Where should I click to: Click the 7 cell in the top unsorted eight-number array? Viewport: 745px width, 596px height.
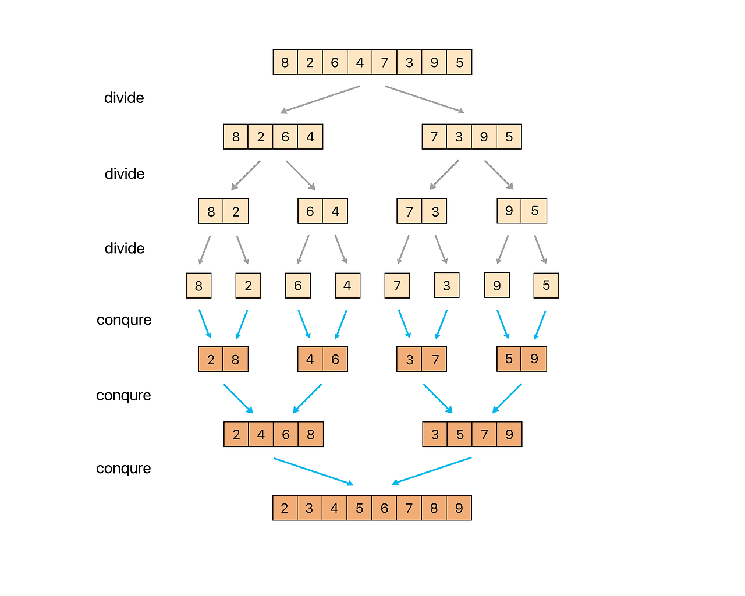coord(385,62)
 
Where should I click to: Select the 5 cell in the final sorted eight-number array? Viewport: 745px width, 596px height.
coord(360,508)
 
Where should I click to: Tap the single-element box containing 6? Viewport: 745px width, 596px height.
coord(298,286)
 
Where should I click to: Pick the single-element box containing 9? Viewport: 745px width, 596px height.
coord(497,286)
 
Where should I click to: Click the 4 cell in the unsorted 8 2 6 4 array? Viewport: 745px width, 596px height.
coord(310,137)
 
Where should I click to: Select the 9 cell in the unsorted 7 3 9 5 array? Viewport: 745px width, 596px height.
coord(484,137)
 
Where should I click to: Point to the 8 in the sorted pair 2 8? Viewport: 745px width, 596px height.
coord(236,360)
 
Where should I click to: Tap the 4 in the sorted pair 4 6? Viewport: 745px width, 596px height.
coord(310,360)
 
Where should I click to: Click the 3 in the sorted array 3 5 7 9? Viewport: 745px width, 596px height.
coord(435,434)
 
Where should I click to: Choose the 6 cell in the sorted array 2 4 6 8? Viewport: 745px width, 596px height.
coord(286,434)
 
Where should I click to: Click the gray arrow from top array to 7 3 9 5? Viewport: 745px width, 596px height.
coord(425,99)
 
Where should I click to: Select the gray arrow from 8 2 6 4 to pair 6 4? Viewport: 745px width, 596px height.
coord(300,175)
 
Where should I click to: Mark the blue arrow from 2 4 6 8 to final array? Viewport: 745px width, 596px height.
coord(314,471)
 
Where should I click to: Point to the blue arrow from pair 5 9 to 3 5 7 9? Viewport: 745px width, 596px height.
coord(507,398)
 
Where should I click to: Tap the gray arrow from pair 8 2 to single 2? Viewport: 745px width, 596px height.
coord(243,249)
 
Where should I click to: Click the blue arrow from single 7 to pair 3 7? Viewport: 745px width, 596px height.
coord(405,324)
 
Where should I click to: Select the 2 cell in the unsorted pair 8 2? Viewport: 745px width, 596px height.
coord(236,211)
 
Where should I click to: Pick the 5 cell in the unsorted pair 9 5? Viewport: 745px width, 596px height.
coord(534,211)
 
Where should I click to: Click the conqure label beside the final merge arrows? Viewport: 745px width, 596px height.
coord(123,469)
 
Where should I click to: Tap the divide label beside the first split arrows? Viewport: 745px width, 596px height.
coord(124,98)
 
